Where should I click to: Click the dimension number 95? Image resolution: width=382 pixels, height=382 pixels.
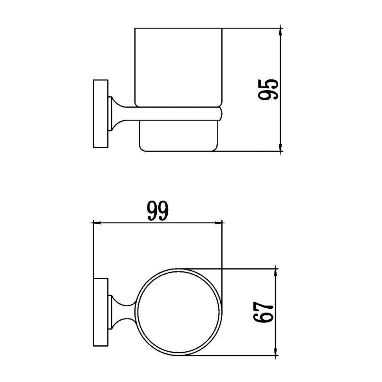tap(268, 89)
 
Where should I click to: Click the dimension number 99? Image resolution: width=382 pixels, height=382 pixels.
tap(158, 211)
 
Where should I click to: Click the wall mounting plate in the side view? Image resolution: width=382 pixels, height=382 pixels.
tap(101, 114)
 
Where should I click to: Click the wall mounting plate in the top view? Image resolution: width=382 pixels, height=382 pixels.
tap(101, 312)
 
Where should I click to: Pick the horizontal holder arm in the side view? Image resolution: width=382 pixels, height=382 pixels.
tap(173, 113)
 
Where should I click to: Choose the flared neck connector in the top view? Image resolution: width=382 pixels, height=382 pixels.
tap(121, 312)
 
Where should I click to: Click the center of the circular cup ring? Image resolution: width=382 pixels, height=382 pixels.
tap(178, 312)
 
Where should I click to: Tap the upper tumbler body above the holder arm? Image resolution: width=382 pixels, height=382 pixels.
tap(178, 67)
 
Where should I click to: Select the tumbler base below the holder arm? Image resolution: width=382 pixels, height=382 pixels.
tap(178, 136)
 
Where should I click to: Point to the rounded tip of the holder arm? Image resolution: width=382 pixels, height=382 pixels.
tap(221, 113)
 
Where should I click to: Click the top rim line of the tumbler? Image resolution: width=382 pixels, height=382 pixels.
tap(178, 28)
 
